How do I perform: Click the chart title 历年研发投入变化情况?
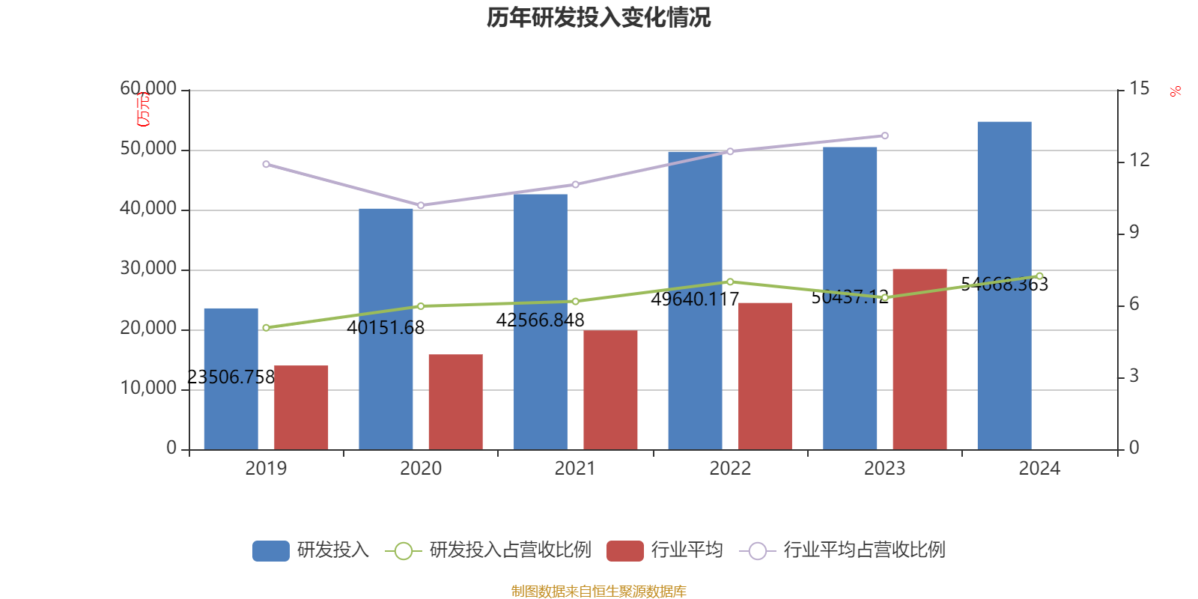[x=598, y=17]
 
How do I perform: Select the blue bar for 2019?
[x=231, y=379]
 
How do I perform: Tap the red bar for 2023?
[x=919, y=359]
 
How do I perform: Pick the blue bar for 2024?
[x=1004, y=285]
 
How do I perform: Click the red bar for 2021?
[x=610, y=390]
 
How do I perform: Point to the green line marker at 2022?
[x=730, y=282]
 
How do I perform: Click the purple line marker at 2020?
[x=420, y=205]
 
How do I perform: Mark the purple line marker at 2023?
[x=884, y=136]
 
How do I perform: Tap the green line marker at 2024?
[x=1039, y=276]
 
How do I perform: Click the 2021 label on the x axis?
[x=575, y=469]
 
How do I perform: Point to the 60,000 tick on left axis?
[x=148, y=89]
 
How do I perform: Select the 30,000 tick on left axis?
[x=148, y=269]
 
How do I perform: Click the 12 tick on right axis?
[x=1140, y=160]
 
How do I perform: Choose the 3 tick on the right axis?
[x=1134, y=376]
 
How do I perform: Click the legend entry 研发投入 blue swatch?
[x=270, y=551]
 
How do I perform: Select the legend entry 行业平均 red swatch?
[x=625, y=551]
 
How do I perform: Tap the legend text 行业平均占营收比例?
[x=864, y=550]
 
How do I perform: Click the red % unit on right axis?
[x=1176, y=91]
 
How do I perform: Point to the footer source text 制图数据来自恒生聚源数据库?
[x=598, y=592]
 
